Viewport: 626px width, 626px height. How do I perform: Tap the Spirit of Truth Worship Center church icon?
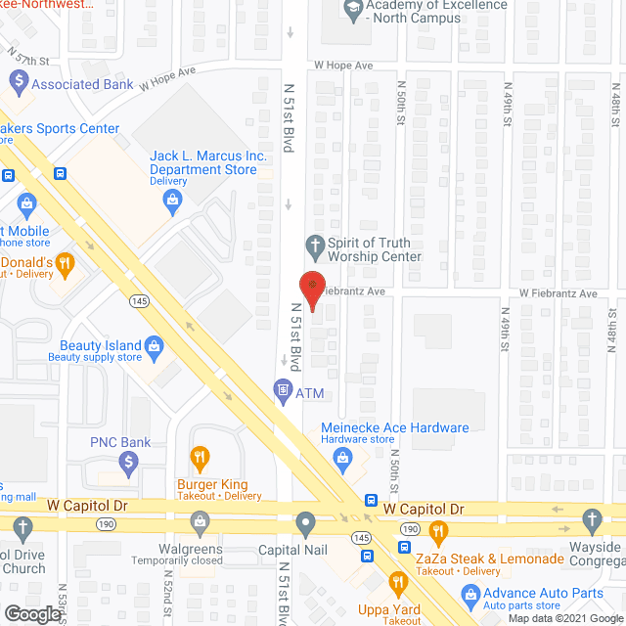[315, 244]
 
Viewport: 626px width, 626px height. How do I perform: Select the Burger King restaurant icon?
[201, 456]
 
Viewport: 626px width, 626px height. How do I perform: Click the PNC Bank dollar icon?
[128, 461]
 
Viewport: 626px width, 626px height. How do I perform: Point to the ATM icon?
[282, 392]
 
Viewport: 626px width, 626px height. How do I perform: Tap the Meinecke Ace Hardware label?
[395, 427]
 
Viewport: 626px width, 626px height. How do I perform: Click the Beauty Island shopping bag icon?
[154, 345]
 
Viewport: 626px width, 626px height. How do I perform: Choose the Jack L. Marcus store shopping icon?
[174, 202]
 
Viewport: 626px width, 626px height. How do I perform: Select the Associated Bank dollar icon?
[17, 81]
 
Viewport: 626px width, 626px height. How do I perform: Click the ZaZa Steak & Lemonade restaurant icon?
[438, 531]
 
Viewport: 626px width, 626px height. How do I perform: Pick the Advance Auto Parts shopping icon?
[471, 594]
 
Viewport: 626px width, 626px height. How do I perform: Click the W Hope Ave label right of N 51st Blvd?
[343, 66]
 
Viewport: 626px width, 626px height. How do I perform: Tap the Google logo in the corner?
[31, 614]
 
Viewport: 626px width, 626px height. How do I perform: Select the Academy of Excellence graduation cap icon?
[352, 9]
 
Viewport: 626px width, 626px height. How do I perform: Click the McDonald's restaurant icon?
[65, 261]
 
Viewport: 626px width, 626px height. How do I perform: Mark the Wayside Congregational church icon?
[591, 519]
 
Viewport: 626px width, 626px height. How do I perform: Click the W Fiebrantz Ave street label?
[558, 293]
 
